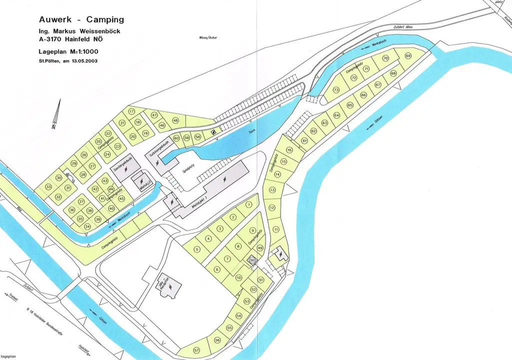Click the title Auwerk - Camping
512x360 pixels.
click(x=81, y=20)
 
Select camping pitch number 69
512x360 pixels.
click(x=408, y=55)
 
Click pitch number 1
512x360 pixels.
click(x=248, y=205)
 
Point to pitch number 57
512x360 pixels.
click(x=196, y=349)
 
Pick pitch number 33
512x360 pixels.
click(x=48, y=186)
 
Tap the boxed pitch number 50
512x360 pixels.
click(x=252, y=260)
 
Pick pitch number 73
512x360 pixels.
click(x=336, y=90)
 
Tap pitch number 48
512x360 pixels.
click(x=175, y=120)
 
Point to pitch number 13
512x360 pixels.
click(x=272, y=190)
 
